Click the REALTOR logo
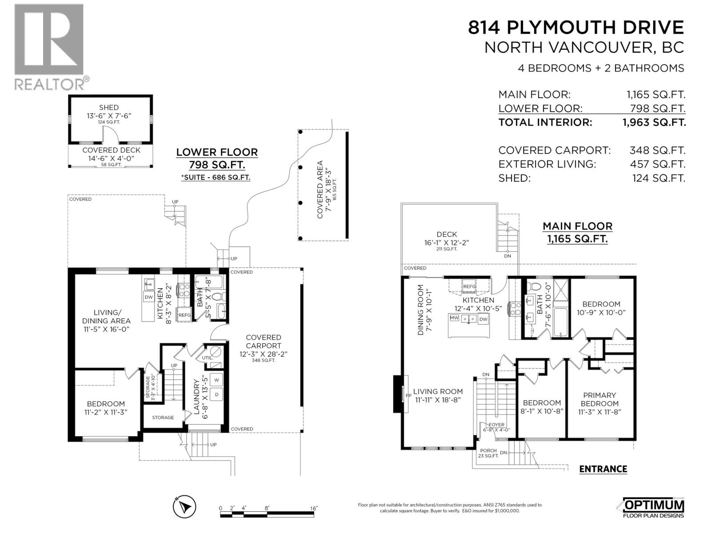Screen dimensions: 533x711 click(49, 47)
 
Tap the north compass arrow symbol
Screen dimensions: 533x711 click(184, 507)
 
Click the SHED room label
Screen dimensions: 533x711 click(109, 107)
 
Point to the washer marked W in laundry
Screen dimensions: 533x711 click(217, 380)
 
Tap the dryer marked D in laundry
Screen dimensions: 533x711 click(217, 394)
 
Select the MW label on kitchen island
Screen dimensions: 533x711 click(454, 318)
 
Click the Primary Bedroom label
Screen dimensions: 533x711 click(599, 399)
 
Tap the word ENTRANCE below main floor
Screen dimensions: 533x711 click(603, 469)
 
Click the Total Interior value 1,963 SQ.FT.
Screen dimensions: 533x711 click(654, 123)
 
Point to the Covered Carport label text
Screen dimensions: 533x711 click(264, 342)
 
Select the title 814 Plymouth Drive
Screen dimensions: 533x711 click(576, 28)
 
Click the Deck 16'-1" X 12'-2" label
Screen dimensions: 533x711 click(447, 239)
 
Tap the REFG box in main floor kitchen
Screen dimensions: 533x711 click(469, 286)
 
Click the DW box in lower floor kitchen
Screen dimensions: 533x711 click(149, 297)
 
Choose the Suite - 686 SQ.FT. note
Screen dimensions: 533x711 click(216, 177)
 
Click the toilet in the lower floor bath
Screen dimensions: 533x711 click(216, 296)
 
